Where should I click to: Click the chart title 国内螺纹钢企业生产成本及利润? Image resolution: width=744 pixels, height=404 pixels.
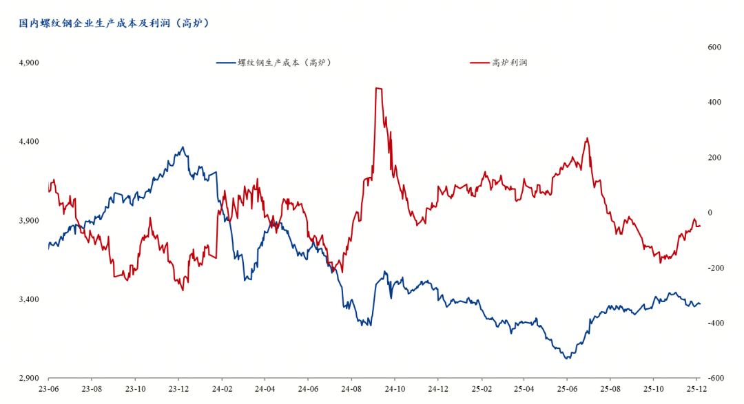114,23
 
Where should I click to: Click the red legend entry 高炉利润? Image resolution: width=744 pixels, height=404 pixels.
499,63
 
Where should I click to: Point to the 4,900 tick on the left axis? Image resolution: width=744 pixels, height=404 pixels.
29,63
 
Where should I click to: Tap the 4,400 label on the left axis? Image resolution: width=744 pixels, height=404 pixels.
29,142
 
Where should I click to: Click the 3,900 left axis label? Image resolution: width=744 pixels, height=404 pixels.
29,221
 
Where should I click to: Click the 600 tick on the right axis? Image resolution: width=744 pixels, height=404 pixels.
714,47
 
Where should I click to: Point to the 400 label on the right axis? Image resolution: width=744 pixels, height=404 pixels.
714,102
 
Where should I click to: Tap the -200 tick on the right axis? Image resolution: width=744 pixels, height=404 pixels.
713,268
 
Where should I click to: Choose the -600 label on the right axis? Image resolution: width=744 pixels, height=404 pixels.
713,379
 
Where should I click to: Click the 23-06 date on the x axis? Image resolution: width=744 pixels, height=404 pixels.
49,388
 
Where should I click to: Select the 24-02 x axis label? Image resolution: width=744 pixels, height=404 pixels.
222,388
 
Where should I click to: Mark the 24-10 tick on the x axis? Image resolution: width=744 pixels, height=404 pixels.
395,388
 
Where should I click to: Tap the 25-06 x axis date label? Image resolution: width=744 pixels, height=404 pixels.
568,388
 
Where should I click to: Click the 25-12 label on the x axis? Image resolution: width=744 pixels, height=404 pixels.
697,388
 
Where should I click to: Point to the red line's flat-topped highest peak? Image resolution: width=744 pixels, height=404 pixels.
379,88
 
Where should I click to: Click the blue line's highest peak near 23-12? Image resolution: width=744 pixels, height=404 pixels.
183,147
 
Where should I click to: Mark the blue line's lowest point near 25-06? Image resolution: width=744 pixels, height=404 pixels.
567,359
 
